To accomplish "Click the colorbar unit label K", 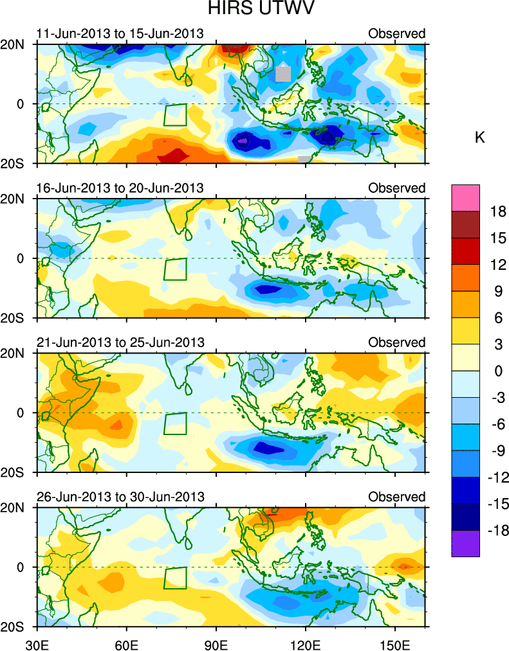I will [479, 137].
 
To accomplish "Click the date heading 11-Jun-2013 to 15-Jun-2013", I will [120, 33].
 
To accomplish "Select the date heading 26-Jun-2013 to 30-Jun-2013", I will [120, 497].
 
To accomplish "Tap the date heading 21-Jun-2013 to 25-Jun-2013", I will [120, 343].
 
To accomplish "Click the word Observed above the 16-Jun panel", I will [396, 188].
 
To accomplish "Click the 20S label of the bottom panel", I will [22, 627].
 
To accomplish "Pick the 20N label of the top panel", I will [22, 44].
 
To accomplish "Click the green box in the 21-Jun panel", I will [175, 424].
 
